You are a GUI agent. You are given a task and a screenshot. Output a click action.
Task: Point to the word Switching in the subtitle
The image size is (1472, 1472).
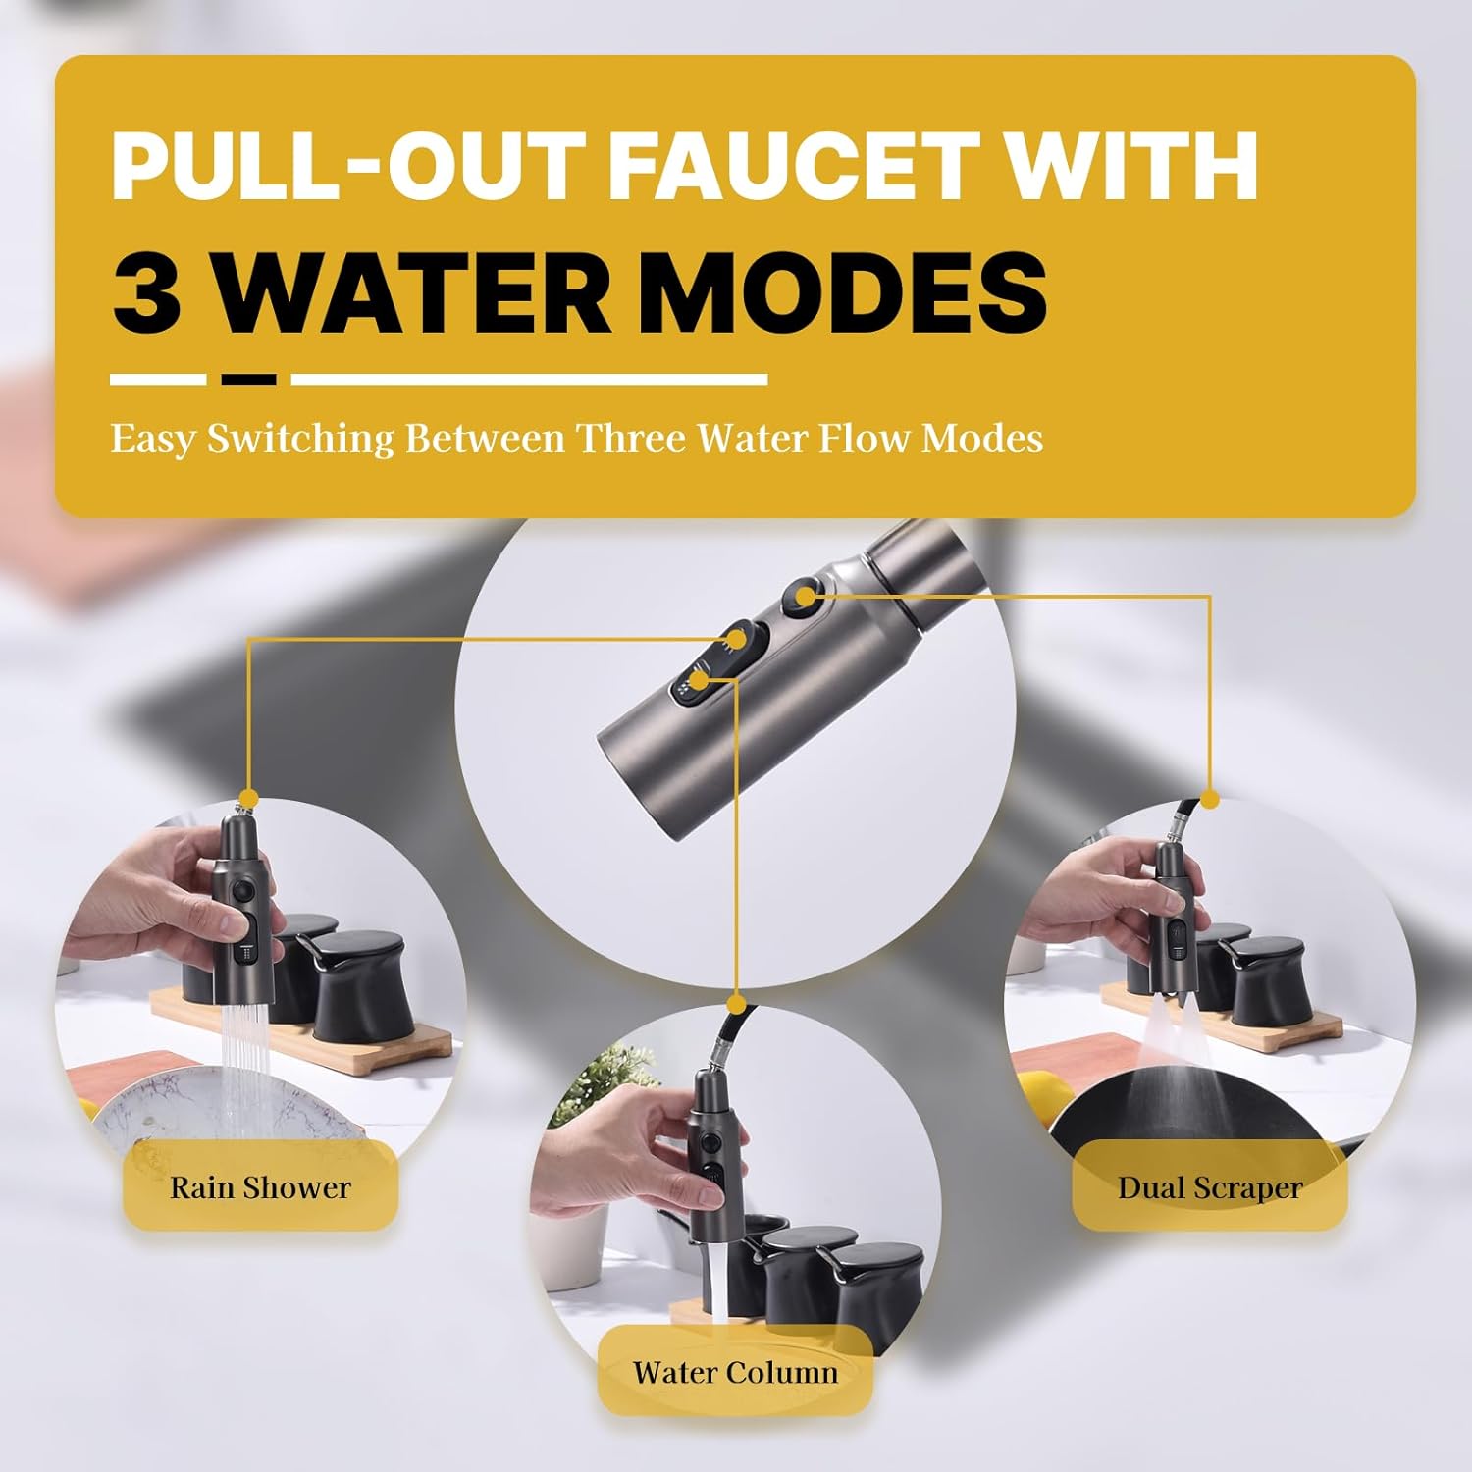pyautogui.click(x=300, y=438)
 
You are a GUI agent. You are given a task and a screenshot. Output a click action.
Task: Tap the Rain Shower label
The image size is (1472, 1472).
pyautogui.click(x=260, y=1187)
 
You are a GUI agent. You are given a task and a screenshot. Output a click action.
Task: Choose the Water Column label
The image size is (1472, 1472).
pyautogui.click(x=735, y=1372)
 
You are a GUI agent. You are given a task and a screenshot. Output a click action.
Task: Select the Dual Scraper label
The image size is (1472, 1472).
pyautogui.click(x=1209, y=1187)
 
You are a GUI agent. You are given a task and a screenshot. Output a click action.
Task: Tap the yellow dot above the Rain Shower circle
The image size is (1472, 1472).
pyautogui.click(x=248, y=798)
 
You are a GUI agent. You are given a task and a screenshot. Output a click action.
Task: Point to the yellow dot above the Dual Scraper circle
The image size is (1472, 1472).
pyautogui.click(x=1210, y=800)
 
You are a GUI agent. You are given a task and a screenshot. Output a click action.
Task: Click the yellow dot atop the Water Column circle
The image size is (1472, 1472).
pyautogui.click(x=736, y=1004)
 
